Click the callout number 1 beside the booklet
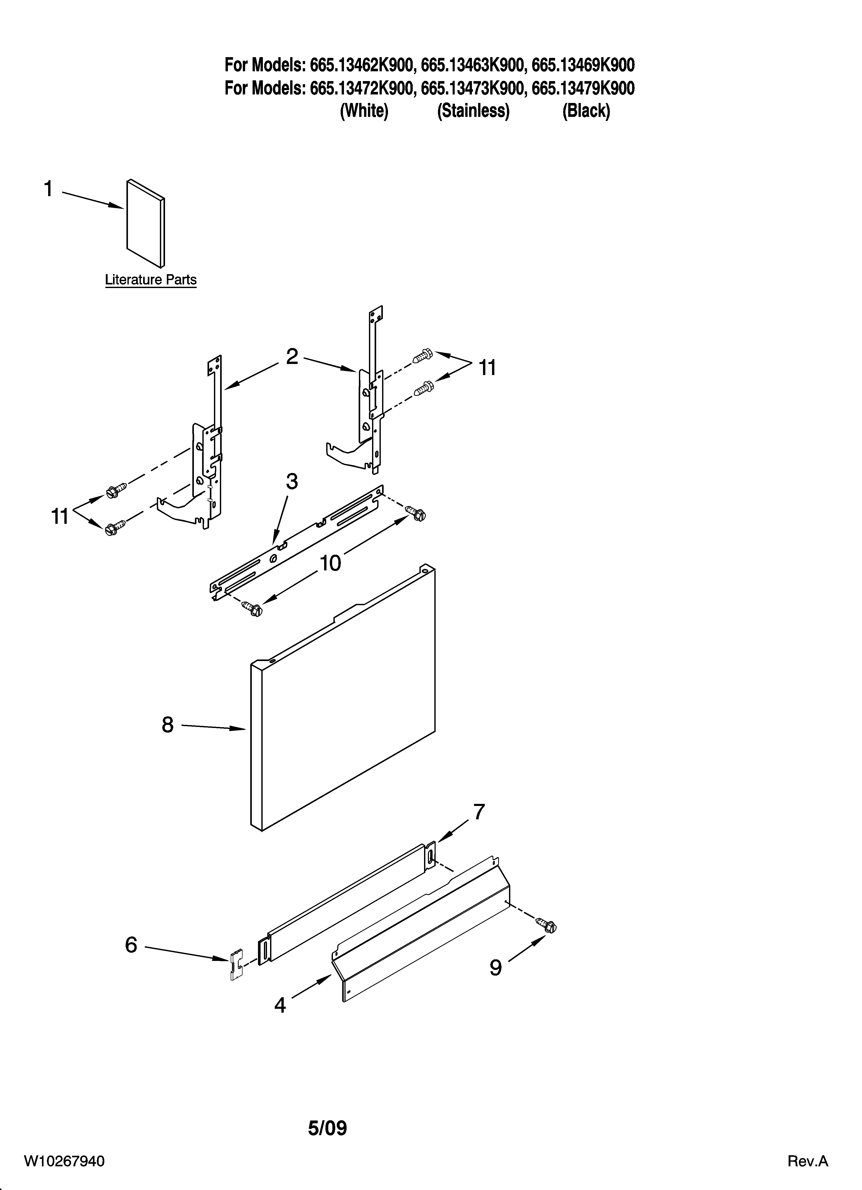point(48,189)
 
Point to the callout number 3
point(292,481)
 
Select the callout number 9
point(496,968)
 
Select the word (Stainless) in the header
point(473,111)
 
